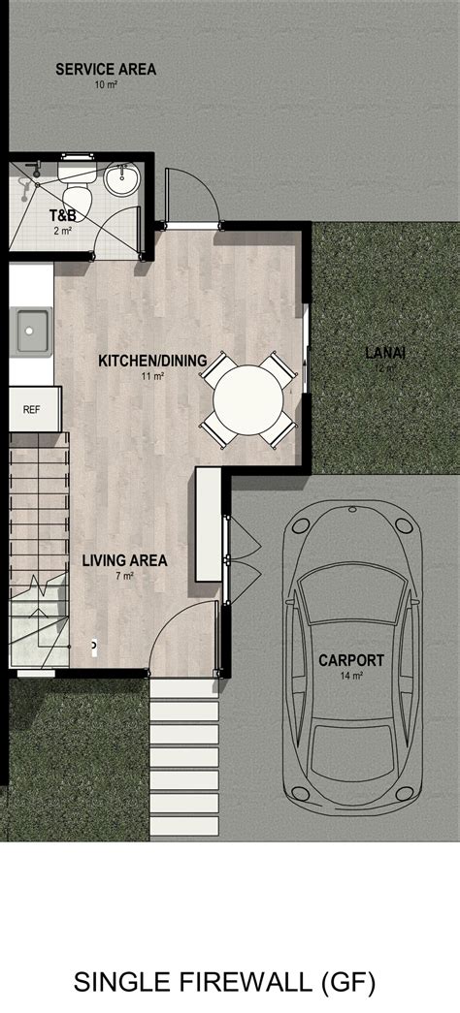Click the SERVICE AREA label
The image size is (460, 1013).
(x=106, y=69)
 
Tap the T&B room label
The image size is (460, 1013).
(x=63, y=216)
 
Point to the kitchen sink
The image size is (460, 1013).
(x=31, y=331)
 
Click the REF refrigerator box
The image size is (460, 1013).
(x=32, y=409)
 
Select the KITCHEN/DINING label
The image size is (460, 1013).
(x=152, y=362)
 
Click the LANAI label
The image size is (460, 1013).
(x=384, y=353)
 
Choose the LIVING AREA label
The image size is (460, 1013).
(x=124, y=560)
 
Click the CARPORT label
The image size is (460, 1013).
(x=351, y=661)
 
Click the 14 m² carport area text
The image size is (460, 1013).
(x=351, y=677)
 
